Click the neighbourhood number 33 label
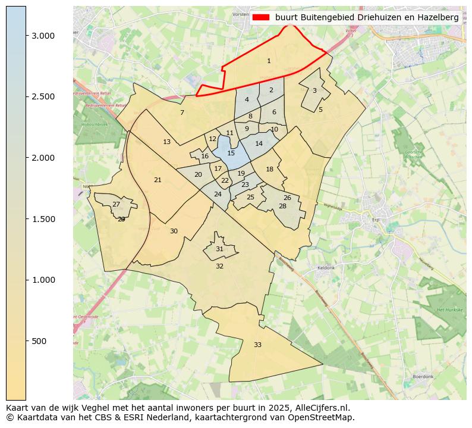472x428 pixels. tap(257, 345)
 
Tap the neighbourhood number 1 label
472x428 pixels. tap(269, 61)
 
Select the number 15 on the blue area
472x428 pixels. tap(231, 153)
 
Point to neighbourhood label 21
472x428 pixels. tap(158, 180)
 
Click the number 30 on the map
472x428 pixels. tap(174, 231)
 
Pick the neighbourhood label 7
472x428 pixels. tap(182, 113)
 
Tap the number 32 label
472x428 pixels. tap(219, 266)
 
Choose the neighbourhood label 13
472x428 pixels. tap(166, 142)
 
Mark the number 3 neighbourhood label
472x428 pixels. tap(314, 90)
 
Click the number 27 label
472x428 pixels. tap(116, 204)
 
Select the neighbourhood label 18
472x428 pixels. tap(269, 169)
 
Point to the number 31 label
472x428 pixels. tap(219, 249)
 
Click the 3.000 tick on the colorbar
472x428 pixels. tap(43, 36)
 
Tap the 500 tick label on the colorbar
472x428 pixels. tap(40, 341)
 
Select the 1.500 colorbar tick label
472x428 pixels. tap(43, 219)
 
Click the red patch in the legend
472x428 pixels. tap(260, 18)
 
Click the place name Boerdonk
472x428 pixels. tap(424, 377)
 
